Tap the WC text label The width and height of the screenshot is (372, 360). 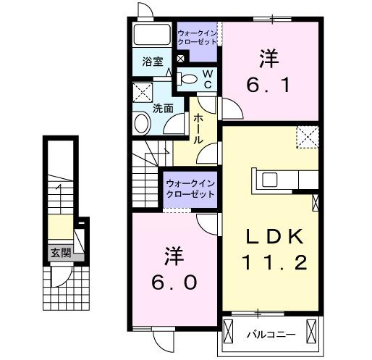[207, 78]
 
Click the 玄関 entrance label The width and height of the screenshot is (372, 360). [61, 253]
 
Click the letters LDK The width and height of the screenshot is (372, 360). [270, 238]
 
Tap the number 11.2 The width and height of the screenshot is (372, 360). [270, 265]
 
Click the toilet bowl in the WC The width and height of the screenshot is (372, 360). [187, 78]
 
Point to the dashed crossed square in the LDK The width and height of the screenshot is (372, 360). [308, 135]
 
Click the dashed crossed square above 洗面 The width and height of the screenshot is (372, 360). [143, 93]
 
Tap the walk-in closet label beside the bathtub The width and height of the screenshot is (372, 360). [198, 37]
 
